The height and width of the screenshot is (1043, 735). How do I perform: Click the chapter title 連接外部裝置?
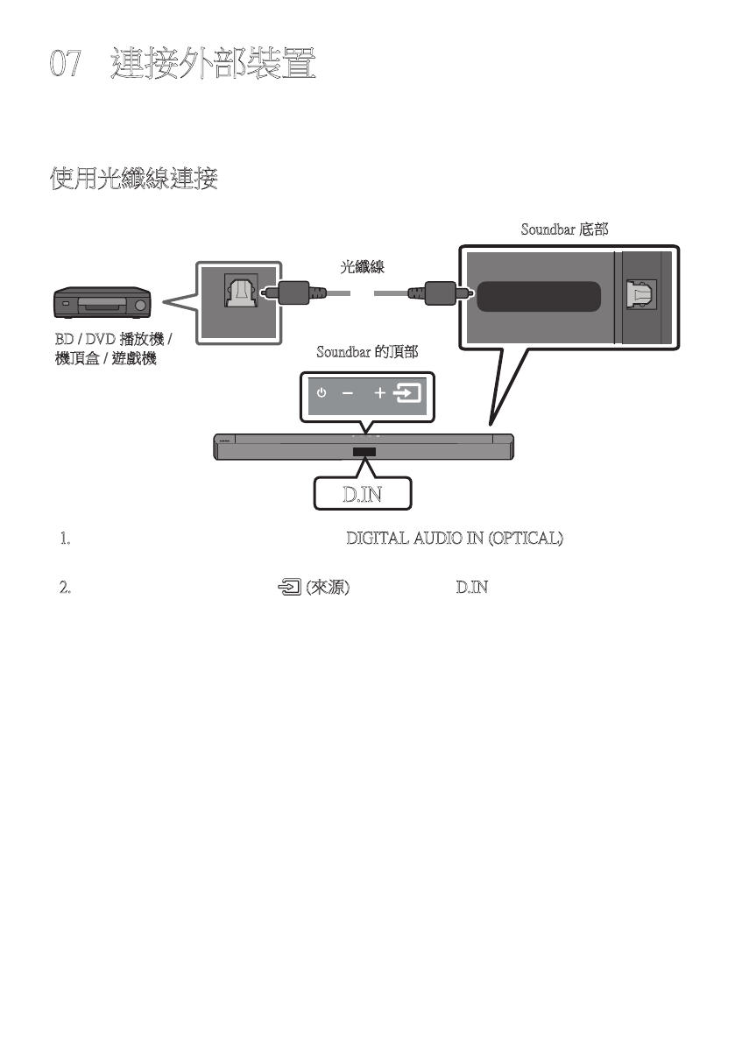coord(213,66)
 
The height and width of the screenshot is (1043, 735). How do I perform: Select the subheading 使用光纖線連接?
coord(134,181)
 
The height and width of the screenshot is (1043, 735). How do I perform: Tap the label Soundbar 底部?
coord(564,230)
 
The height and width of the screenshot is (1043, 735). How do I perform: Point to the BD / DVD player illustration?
coord(103,304)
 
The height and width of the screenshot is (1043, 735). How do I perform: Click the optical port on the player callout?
coord(239,292)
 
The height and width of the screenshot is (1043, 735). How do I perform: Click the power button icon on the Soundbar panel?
coord(322,393)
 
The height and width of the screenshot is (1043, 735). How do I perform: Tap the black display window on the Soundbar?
coord(364,453)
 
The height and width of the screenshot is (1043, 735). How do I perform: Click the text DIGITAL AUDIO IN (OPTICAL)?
coord(455,539)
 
